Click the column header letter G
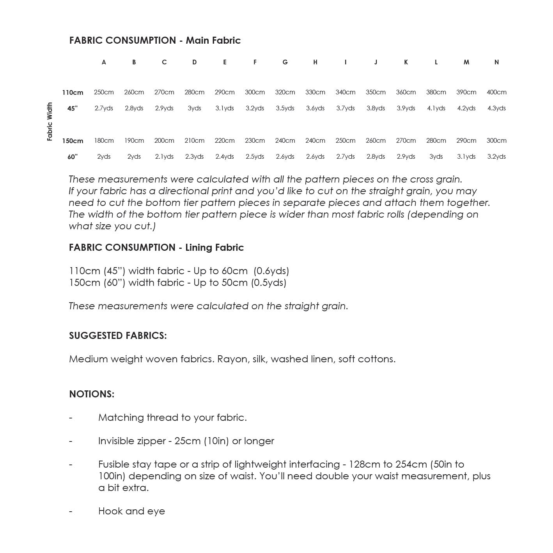click(285, 62)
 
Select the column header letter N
click(496, 62)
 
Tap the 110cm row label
click(73, 93)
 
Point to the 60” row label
click(73, 157)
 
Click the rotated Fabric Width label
click(50, 122)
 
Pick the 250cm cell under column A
click(104, 92)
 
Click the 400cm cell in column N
click(496, 92)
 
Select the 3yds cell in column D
click(194, 108)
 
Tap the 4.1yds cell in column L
click(436, 108)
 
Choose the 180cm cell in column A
click(104, 141)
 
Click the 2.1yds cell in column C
click(164, 157)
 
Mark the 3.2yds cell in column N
click(496, 157)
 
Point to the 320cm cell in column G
click(285, 92)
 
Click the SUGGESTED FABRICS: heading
click(118, 336)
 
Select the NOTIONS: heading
click(92, 394)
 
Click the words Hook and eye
click(131, 511)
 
